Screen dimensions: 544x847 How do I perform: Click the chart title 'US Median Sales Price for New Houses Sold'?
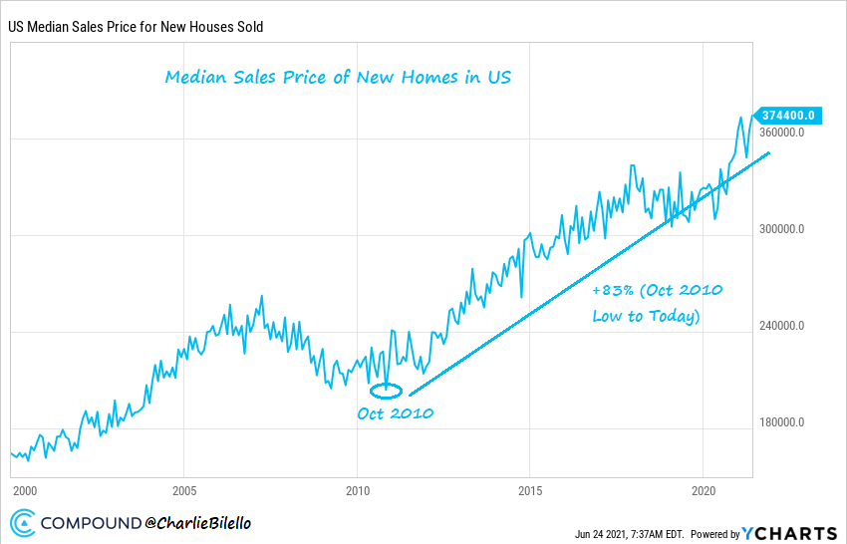tap(137, 27)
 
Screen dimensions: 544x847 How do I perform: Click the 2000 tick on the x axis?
tap(25, 491)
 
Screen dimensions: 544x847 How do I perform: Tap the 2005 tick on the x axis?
tap(183, 491)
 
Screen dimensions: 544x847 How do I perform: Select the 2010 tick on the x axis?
tap(357, 491)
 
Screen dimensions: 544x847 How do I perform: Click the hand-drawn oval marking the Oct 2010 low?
tap(386, 391)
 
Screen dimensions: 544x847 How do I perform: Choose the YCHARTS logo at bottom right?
tap(790, 532)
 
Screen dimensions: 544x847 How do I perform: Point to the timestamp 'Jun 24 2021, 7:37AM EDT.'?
tap(629, 533)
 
